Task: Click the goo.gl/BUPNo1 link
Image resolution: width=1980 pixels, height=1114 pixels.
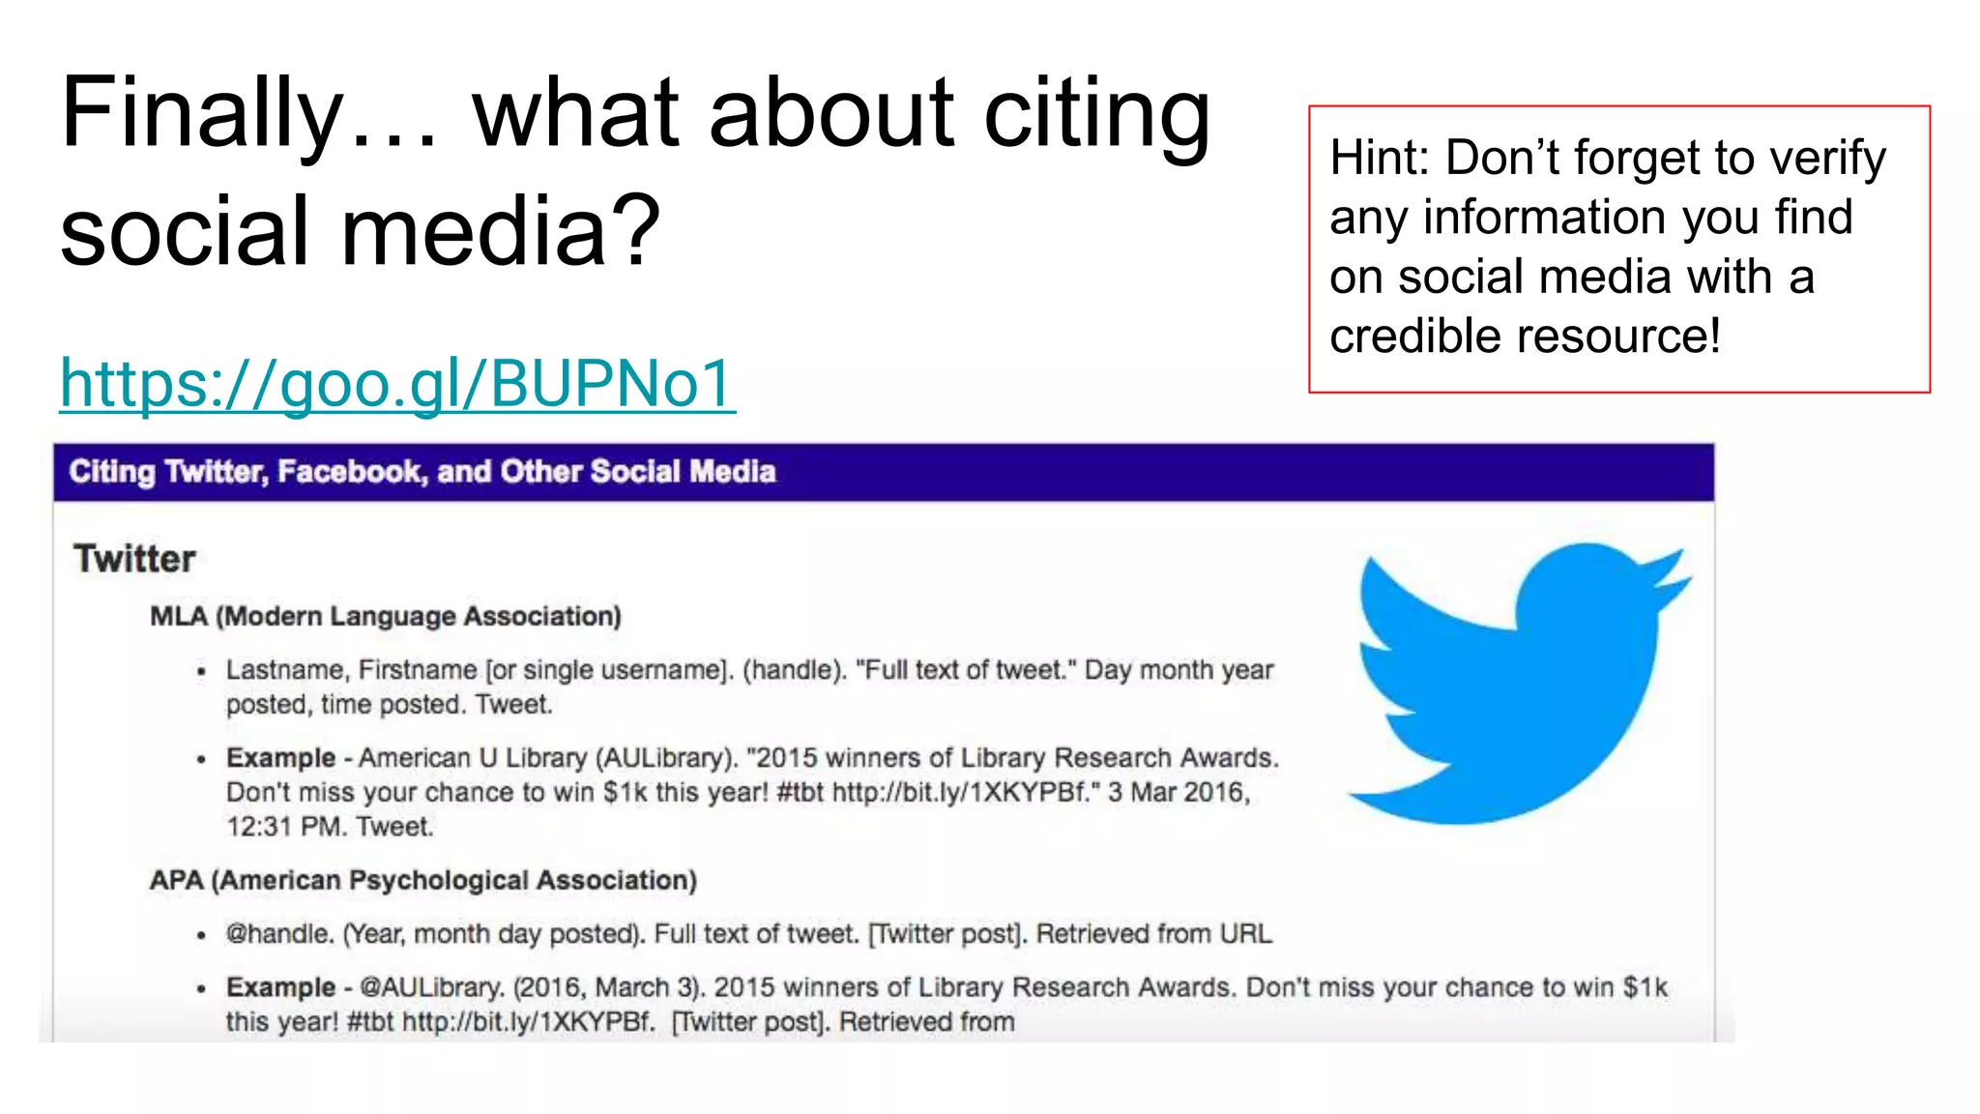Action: tap(397, 384)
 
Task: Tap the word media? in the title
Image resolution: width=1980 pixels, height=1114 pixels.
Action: tap(501, 232)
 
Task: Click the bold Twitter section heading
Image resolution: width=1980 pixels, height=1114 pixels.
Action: tap(134, 559)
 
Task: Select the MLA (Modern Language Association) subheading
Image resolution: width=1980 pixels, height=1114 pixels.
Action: tap(385, 616)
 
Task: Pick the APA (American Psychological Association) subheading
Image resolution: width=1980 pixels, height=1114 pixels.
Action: tap(422, 880)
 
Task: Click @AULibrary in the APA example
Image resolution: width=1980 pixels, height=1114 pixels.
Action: tap(431, 987)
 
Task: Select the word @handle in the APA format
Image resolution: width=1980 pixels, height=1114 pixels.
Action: tap(278, 934)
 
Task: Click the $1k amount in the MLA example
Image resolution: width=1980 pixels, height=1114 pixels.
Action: tap(625, 792)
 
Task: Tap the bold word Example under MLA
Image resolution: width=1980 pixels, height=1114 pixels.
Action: tap(280, 758)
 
